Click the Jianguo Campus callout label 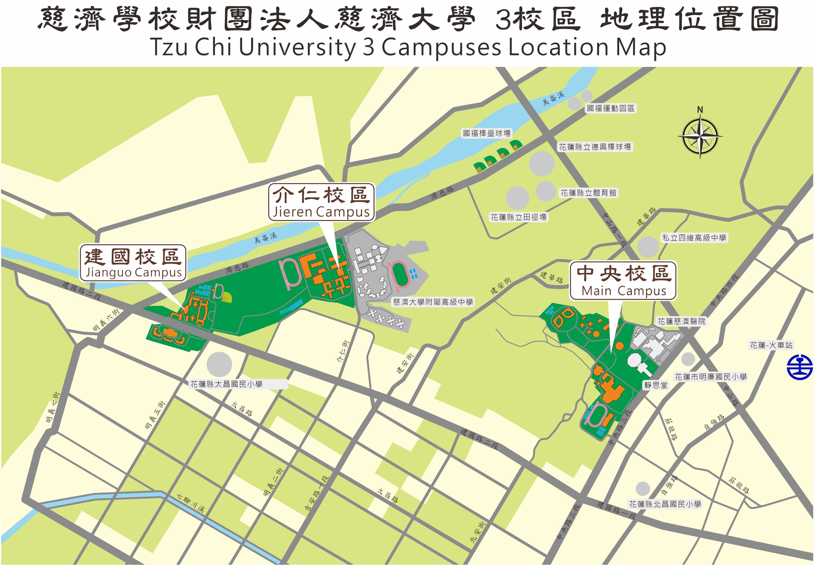[133, 263]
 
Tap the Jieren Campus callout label [321, 202]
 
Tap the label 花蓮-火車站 [771, 345]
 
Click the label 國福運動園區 [611, 108]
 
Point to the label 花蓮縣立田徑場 [518, 217]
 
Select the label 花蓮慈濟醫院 [681, 321]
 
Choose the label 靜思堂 [656, 385]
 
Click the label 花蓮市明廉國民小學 [711, 377]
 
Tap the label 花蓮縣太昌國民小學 [227, 384]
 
